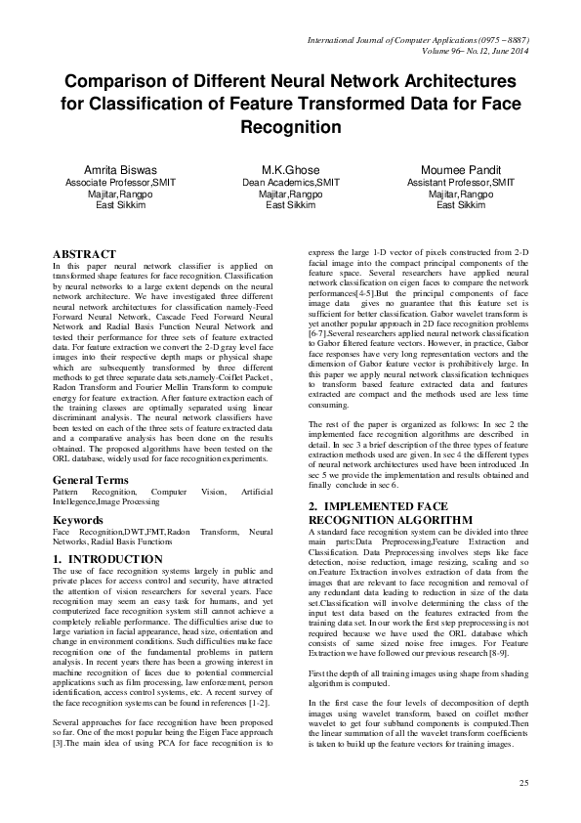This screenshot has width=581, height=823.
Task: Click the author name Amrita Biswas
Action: pos(120,168)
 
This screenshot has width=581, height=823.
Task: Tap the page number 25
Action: pos(523,783)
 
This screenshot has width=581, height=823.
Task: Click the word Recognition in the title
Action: pos(290,127)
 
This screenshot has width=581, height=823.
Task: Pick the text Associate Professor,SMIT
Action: pos(120,182)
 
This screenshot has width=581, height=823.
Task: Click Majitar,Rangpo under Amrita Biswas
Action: pos(120,194)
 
